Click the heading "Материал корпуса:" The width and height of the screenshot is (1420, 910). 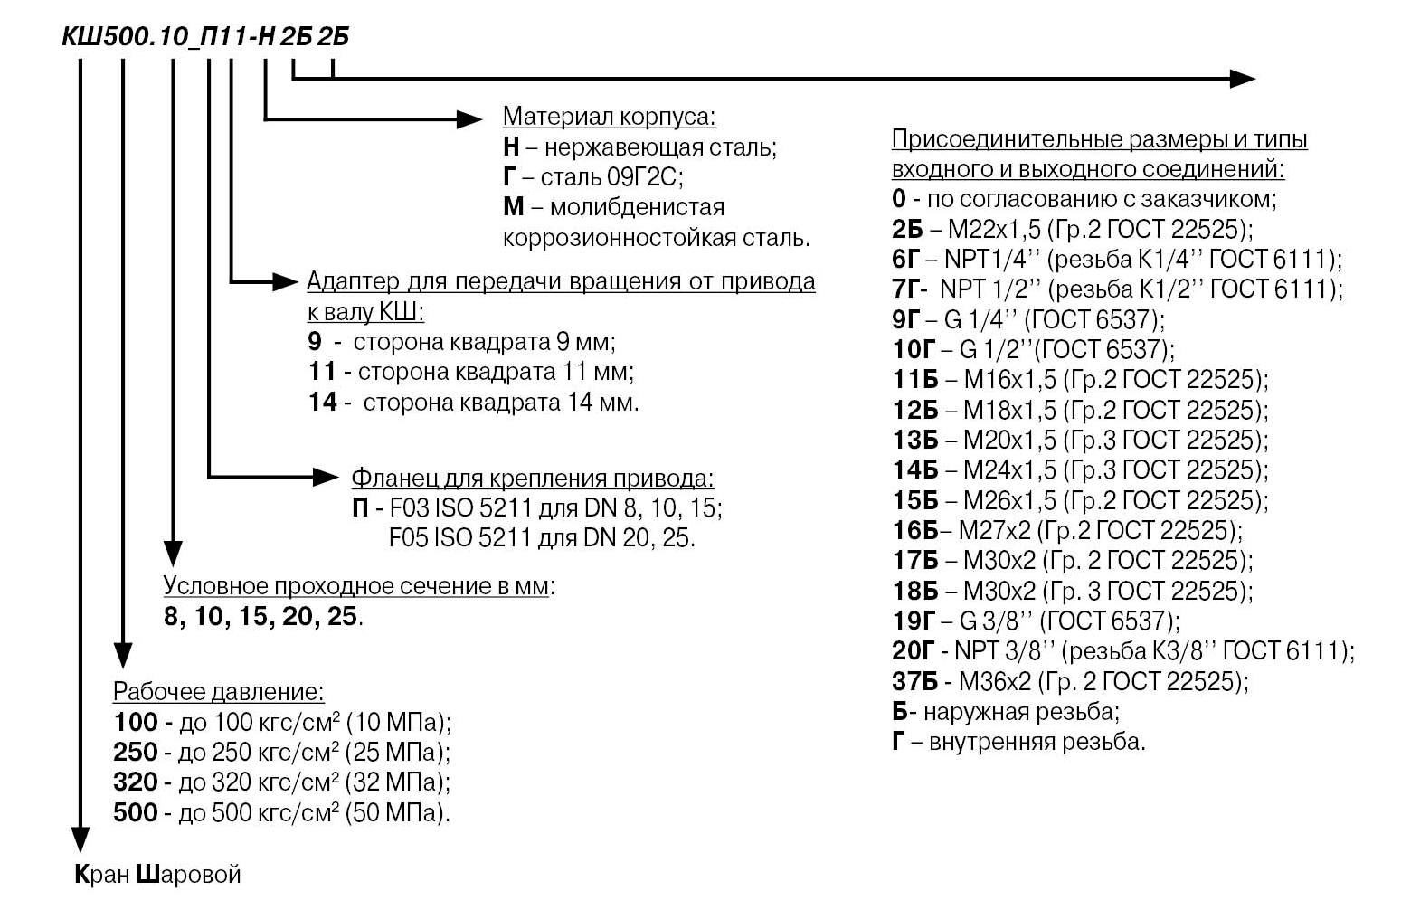point(609,117)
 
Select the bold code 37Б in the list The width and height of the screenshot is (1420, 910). point(914,681)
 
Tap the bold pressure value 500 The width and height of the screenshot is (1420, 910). point(136,812)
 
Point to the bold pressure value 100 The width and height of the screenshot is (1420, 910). point(136,722)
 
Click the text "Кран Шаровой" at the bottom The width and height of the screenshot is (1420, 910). point(157,875)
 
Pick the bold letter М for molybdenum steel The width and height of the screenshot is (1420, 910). point(513,207)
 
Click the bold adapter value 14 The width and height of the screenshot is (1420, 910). point(323,402)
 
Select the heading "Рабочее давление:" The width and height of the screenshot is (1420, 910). point(218,692)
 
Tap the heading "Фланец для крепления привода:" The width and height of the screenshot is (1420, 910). point(532,479)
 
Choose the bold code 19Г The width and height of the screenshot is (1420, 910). point(913,621)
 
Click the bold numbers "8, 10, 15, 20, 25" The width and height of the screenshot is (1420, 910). point(260,618)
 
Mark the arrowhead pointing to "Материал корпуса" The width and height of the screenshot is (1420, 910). point(469,118)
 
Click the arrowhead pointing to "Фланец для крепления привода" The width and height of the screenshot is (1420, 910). point(324,477)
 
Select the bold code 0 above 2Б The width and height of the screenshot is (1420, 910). point(898,198)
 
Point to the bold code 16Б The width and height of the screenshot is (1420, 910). point(914,530)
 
